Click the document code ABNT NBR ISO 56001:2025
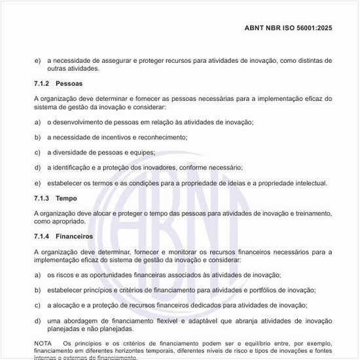tap(288, 28)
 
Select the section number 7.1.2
tap(42, 84)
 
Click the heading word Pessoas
tap(69, 84)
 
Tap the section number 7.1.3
tap(42, 198)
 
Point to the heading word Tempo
tap(66, 198)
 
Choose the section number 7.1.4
tap(42, 236)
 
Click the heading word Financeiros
tap(74, 236)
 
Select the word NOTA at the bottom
tap(43, 343)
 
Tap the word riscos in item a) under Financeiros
tap(65, 275)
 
